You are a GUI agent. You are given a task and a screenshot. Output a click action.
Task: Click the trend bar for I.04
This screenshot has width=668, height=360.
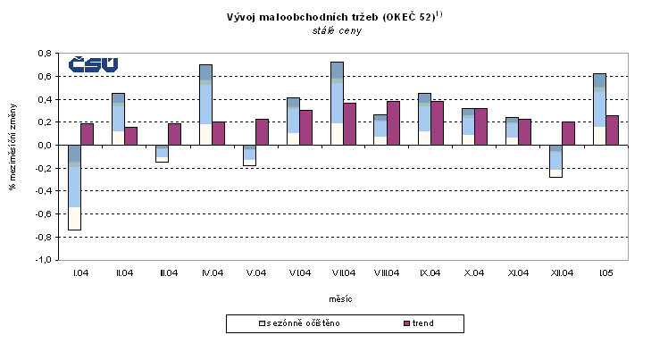coord(88,134)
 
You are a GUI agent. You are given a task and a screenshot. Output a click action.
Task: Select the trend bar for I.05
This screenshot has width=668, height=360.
coord(612,130)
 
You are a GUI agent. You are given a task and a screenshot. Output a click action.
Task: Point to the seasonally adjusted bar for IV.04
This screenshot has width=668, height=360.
coord(205,105)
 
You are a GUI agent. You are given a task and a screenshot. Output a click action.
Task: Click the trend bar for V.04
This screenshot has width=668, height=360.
coord(263,132)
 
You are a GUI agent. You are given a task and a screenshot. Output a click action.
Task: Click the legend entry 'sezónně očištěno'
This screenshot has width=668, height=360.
coord(302,322)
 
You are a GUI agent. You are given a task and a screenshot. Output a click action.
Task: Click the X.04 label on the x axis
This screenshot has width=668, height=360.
coord(474,271)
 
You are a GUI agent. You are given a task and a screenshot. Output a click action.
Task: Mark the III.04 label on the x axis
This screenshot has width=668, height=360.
coord(168,271)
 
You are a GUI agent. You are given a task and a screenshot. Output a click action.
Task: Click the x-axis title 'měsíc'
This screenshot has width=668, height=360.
coord(343,295)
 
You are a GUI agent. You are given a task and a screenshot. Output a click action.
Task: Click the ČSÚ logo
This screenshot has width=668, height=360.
coord(94,65)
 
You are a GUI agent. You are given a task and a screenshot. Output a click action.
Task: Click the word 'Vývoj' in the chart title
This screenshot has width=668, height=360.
coord(245,17)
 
